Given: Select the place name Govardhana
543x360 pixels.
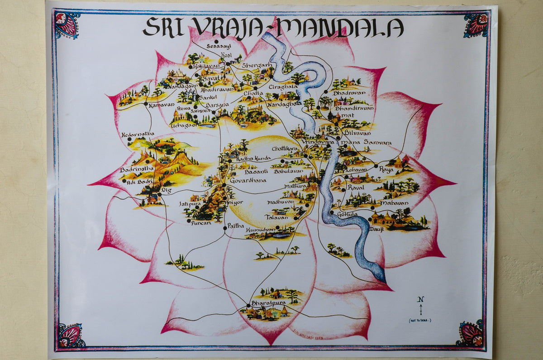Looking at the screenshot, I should pyautogui.click(x=248, y=180).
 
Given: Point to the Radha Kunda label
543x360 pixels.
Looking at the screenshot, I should pyautogui.click(x=252, y=158).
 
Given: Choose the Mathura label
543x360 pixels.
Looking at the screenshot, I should pyautogui.click(x=295, y=186).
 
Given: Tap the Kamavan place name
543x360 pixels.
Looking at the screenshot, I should pyautogui.click(x=162, y=105).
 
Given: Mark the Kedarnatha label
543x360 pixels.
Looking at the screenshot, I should pyautogui.click(x=138, y=134).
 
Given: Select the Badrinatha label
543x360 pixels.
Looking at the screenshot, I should pyautogui.click(x=134, y=169).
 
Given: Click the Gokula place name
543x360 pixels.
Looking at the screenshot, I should pyautogui.click(x=347, y=214).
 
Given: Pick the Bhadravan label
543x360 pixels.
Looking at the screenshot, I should pyautogui.click(x=349, y=93).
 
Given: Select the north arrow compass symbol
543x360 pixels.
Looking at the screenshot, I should pyautogui.click(x=421, y=306).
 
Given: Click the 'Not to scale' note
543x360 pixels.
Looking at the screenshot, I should pyautogui.click(x=420, y=321).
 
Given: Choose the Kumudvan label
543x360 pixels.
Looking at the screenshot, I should pyautogui.click(x=261, y=230).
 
